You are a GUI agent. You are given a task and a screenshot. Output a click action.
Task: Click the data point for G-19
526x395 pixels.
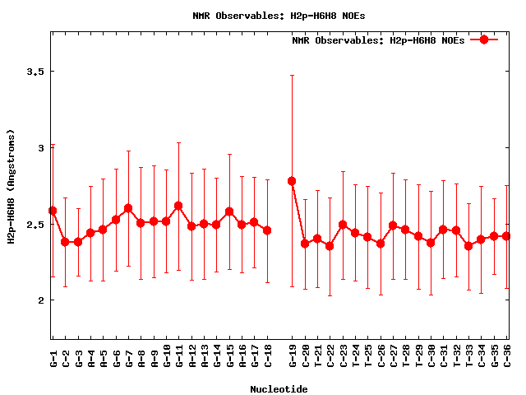[292, 181]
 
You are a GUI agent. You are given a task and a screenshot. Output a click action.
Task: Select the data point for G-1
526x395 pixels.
[53, 211]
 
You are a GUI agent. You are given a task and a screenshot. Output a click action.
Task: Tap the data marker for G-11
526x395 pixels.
[178, 206]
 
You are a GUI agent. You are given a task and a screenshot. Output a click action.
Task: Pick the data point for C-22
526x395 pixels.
[330, 245]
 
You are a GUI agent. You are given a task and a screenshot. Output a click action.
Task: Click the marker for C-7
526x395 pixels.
[128, 208]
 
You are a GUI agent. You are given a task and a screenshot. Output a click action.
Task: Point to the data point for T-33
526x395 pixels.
[468, 245]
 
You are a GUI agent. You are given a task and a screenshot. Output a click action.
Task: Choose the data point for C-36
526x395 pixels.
[506, 236]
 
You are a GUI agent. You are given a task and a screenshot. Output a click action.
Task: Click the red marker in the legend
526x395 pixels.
[484, 39]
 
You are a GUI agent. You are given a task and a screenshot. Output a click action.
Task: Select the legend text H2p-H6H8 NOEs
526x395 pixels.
[378, 40]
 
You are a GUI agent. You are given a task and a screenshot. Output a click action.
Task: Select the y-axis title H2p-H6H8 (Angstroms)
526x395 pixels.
[12, 186]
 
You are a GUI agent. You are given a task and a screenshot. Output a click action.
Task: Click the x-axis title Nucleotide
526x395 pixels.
[279, 389]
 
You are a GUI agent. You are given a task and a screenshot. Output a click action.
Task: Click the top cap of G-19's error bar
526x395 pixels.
[292, 76]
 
